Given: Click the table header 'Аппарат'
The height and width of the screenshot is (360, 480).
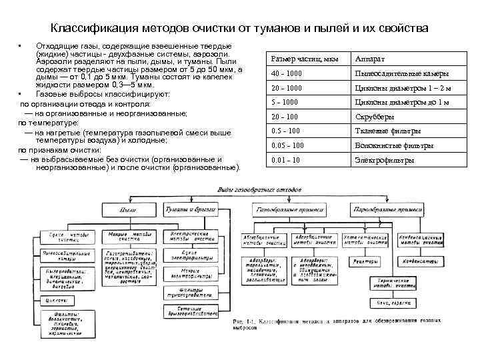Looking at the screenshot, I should [371, 59].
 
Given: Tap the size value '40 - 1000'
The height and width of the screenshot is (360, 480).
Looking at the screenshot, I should [287, 73].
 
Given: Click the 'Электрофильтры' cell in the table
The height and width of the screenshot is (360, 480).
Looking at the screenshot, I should [385, 160].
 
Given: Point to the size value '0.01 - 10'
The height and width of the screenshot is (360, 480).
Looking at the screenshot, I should [287, 160].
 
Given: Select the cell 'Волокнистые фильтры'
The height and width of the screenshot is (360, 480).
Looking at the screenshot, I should [394, 145].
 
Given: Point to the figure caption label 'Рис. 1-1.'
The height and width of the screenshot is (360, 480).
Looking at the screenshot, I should [245, 323].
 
